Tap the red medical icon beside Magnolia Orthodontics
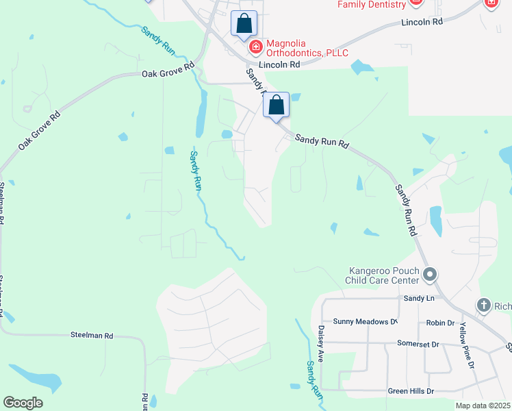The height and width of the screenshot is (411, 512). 255,47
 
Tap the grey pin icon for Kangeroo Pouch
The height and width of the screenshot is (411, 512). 430,275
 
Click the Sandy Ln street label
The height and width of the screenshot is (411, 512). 419,298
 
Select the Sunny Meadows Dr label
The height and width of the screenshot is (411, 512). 365,321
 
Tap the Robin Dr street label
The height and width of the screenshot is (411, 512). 440,323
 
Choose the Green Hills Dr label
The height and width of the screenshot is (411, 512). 411,391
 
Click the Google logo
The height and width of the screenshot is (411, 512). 23,403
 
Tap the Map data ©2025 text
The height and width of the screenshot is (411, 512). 483,406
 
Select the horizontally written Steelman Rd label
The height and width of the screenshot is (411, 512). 92,336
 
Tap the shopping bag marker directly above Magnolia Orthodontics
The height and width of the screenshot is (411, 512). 244,24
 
